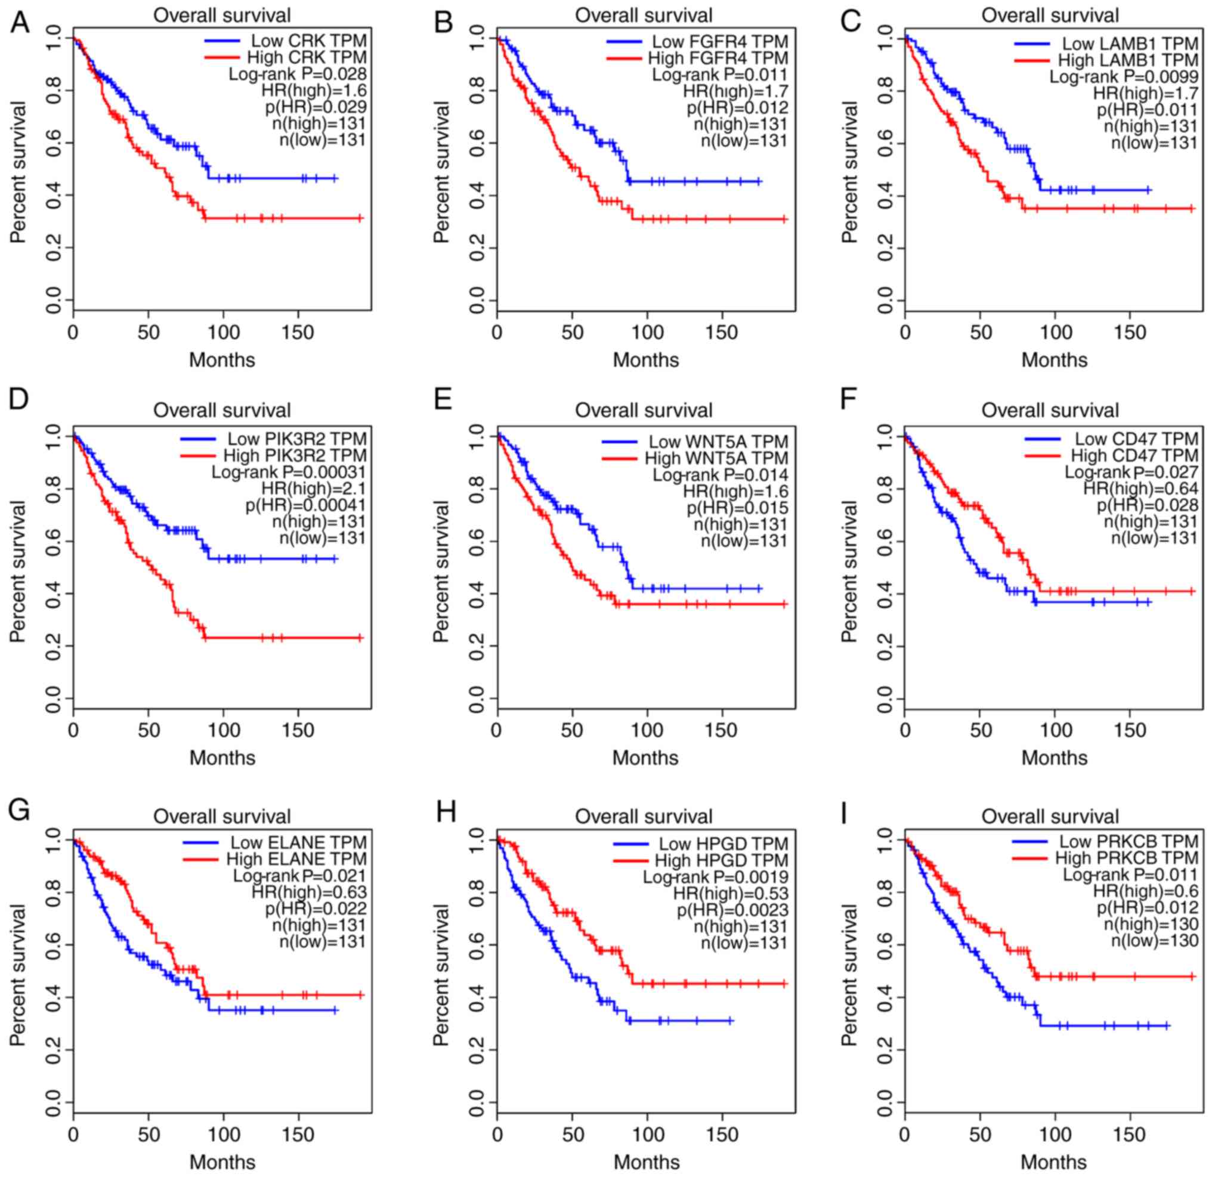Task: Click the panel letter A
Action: tap(19, 22)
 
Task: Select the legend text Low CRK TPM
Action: tap(308, 41)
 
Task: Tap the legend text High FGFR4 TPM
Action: tap(718, 58)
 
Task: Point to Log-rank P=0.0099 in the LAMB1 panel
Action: tap(1124, 78)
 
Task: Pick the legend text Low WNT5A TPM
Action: tap(718, 441)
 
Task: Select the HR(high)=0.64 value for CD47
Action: tap(1140, 489)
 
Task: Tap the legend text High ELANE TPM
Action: tap(296, 858)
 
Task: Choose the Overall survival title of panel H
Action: tap(644, 817)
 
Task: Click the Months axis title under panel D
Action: tap(222, 758)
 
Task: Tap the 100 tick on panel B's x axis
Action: tap(647, 332)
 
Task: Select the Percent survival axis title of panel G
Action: tap(18, 975)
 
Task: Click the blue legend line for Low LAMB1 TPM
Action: tap(1031, 44)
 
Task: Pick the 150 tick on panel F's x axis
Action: tap(1130, 730)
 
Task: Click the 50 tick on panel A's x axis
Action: tap(148, 332)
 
